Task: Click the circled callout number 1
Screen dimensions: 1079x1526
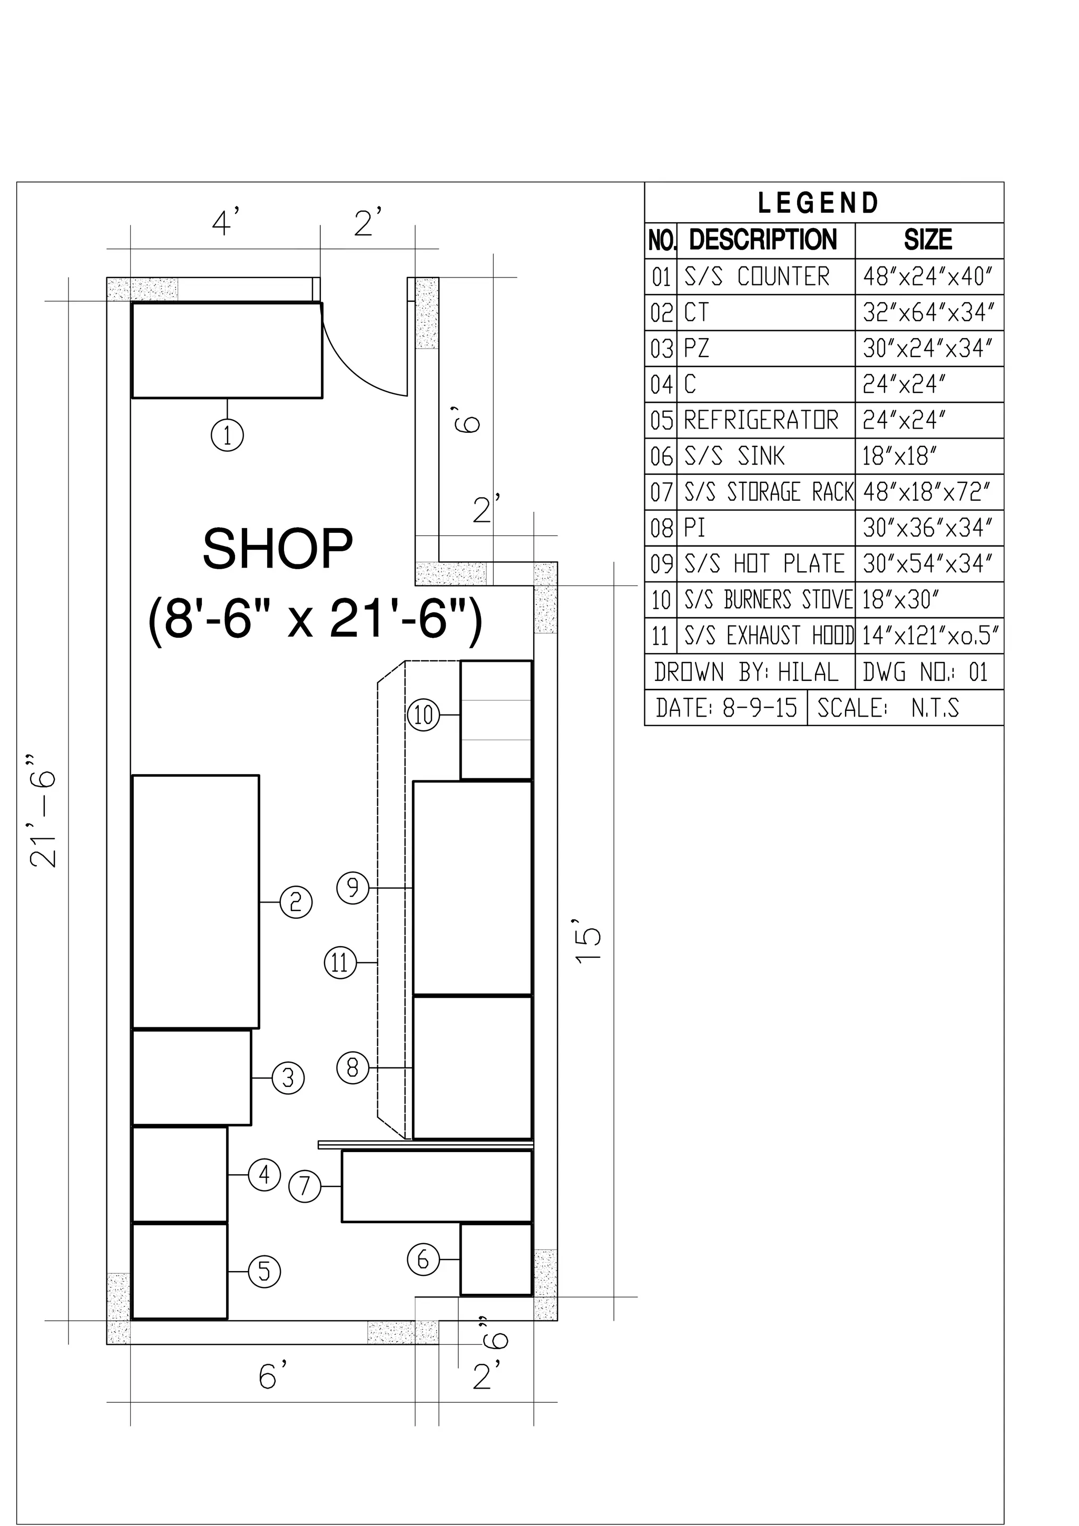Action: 228,436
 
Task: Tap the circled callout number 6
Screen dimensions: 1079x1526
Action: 424,1260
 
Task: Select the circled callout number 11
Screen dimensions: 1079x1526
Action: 340,963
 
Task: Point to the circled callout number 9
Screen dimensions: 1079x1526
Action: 353,888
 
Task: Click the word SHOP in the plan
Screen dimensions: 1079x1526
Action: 277,550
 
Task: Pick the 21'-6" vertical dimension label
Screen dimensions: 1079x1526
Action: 44,810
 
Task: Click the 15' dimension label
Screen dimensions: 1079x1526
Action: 589,941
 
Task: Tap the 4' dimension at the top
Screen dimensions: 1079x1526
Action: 225,222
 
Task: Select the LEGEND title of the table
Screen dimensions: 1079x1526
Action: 818,203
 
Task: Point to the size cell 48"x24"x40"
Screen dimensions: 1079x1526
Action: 928,276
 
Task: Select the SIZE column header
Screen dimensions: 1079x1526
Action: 928,240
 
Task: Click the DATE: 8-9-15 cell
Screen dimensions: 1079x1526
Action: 726,708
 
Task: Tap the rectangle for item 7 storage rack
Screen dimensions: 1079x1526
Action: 437,1186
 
